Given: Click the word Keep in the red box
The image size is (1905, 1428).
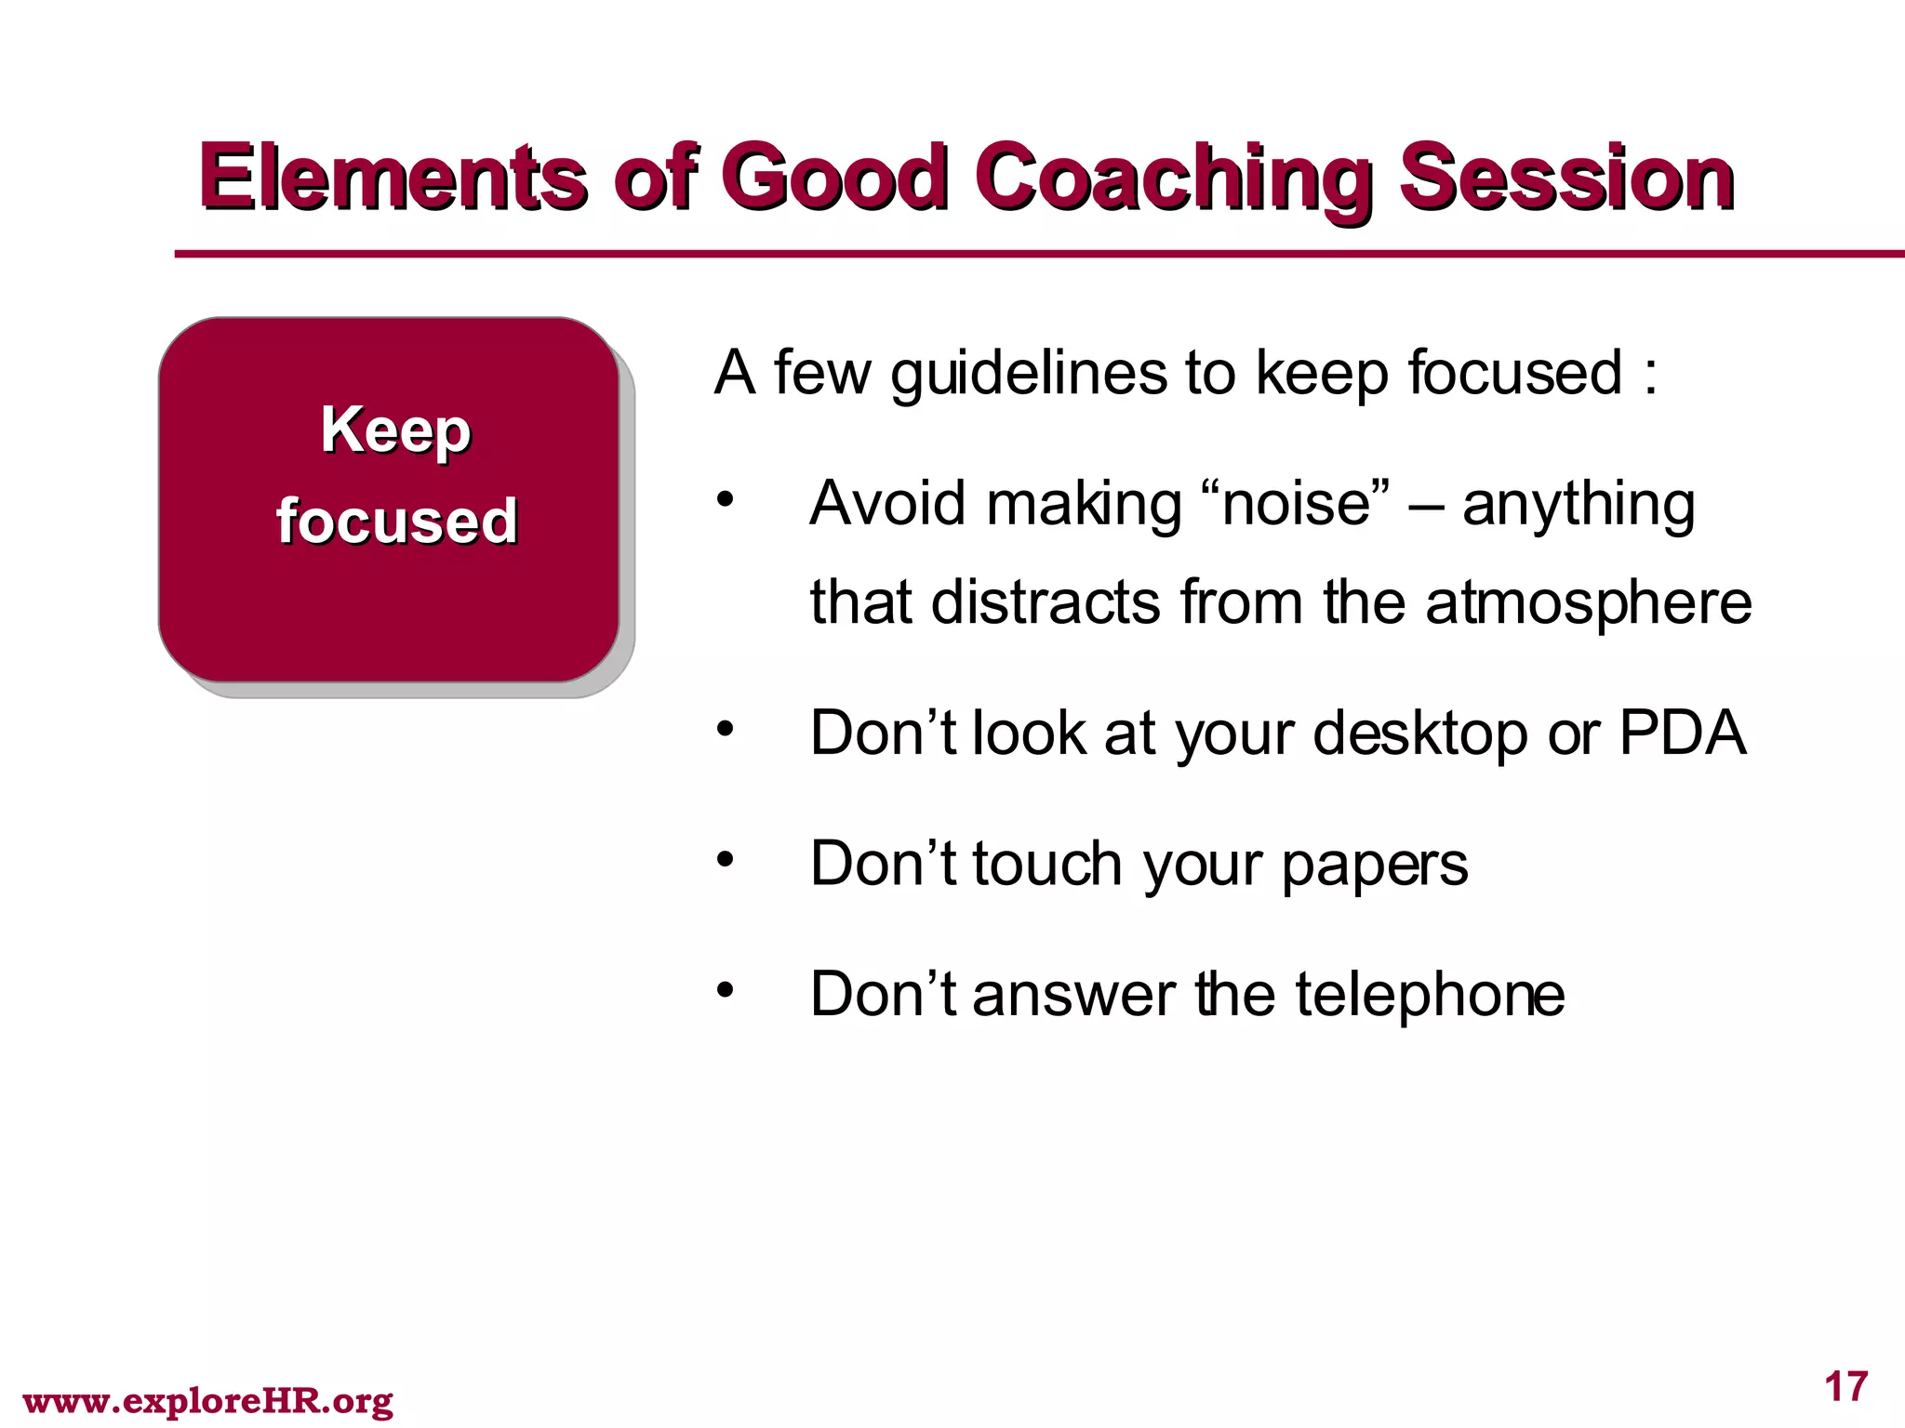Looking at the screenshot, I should (x=395, y=430).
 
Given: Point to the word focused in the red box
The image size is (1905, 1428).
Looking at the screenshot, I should (x=396, y=521).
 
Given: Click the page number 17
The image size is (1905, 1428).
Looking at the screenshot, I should (x=1845, y=1387).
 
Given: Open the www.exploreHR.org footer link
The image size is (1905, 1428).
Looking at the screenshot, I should (x=207, y=1400).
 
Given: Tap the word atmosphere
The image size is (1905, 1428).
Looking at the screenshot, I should (x=1588, y=602).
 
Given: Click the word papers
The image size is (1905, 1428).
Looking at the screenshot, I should (x=1374, y=865).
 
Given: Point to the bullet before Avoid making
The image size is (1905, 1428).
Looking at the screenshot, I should (x=726, y=501).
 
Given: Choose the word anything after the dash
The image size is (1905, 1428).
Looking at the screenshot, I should (x=1578, y=506).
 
